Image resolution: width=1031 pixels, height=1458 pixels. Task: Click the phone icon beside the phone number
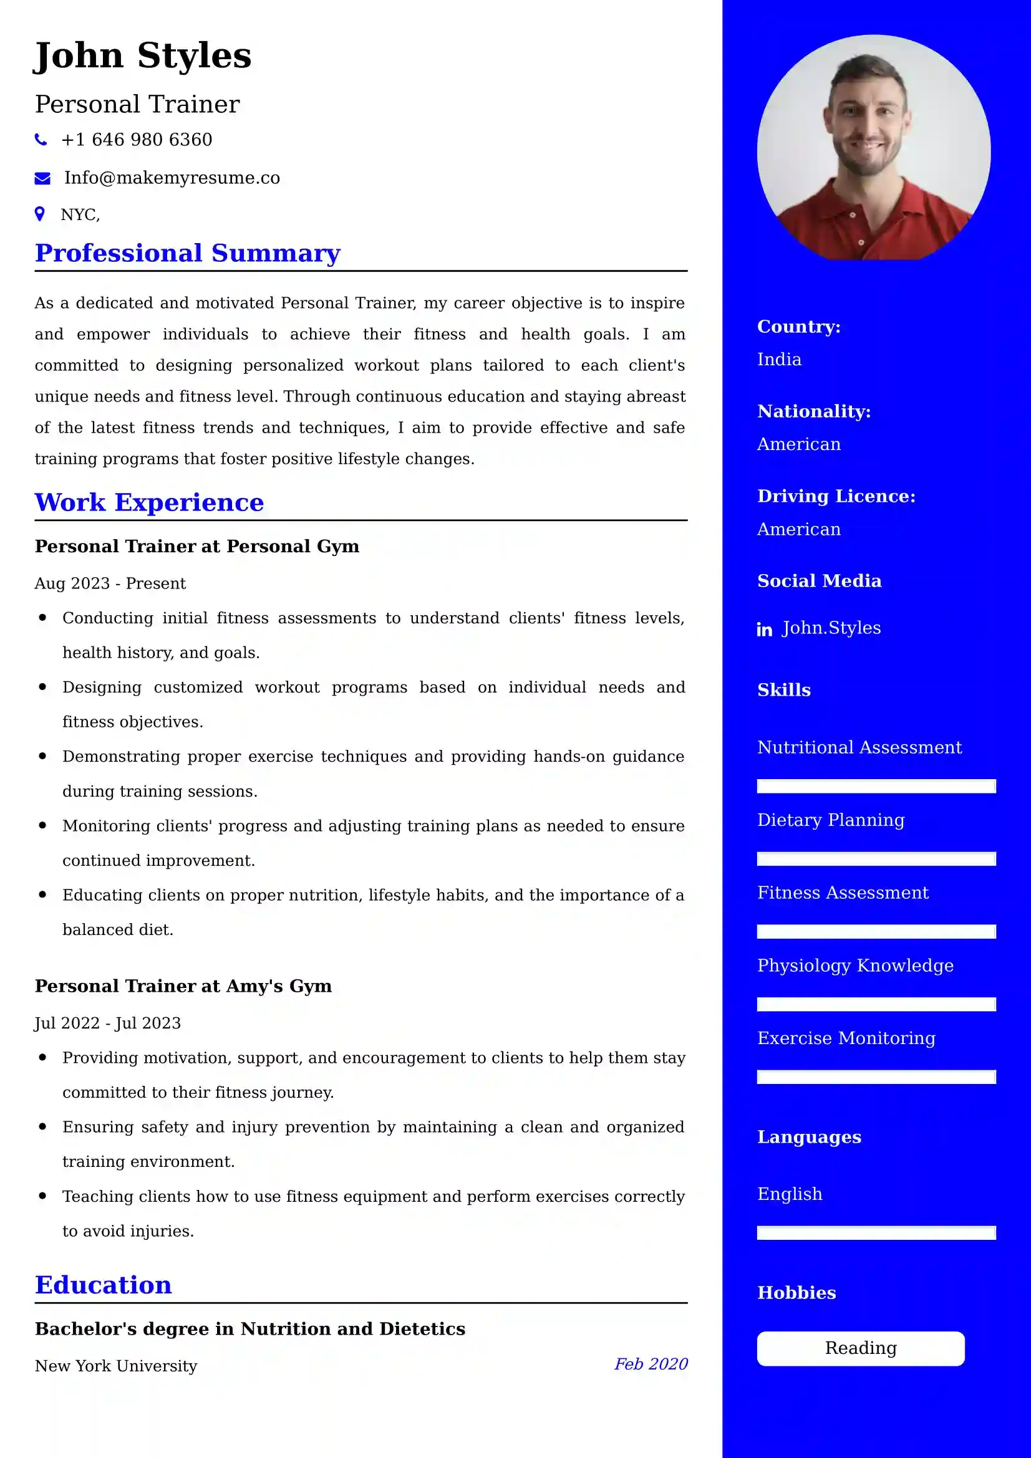click(41, 140)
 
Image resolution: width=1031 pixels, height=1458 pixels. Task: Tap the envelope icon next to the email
click(42, 178)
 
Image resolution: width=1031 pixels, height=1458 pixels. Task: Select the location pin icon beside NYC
click(40, 214)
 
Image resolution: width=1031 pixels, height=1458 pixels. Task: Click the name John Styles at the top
click(142, 55)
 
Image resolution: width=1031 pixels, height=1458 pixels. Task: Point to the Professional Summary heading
click(187, 252)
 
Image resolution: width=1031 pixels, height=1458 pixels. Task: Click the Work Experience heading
click(148, 502)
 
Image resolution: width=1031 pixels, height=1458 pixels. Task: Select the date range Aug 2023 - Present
click(110, 583)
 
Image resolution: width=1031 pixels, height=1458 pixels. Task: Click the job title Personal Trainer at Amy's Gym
click(183, 986)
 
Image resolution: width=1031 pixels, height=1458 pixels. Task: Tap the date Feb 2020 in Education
click(651, 1364)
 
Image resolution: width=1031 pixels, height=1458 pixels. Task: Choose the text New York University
click(115, 1366)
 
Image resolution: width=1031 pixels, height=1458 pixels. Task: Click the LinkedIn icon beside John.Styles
click(764, 630)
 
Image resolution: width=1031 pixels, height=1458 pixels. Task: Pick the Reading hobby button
click(860, 1348)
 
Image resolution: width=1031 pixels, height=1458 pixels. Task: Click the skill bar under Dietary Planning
click(876, 859)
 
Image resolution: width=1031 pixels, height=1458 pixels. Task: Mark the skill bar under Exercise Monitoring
click(876, 1077)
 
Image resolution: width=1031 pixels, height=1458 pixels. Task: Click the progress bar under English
click(876, 1233)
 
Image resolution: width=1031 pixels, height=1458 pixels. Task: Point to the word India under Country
click(779, 360)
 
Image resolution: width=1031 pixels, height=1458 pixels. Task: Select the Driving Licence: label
click(836, 496)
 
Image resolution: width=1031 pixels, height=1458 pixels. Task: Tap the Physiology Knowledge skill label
click(855, 966)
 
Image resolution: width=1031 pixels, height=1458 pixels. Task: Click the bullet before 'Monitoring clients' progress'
click(42, 825)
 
